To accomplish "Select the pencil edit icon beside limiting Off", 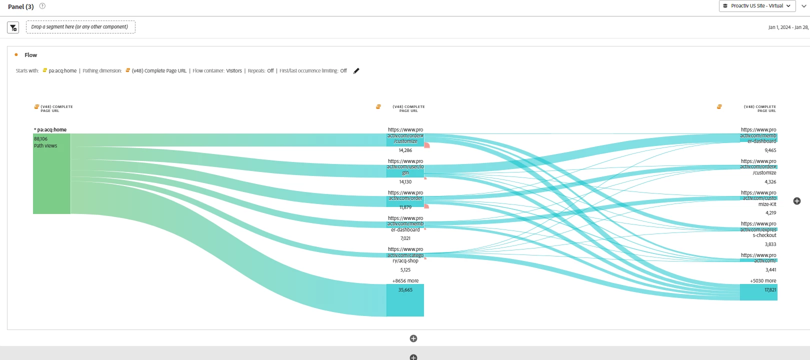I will click(x=356, y=71).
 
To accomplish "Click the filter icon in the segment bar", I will click(x=13, y=27).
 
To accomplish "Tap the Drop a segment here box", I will click(x=80, y=27).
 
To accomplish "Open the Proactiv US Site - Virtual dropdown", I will click(x=756, y=6).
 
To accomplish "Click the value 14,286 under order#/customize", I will click(x=405, y=150).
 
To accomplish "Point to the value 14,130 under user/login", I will click(x=405, y=182).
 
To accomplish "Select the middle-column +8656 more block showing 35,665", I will click(x=405, y=299).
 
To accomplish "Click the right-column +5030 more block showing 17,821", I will click(x=758, y=292).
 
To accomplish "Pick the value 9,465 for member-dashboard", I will click(x=770, y=150).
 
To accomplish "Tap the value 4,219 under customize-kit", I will click(x=770, y=213).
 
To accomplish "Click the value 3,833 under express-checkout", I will click(x=770, y=244).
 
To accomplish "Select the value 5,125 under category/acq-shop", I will click(x=405, y=270).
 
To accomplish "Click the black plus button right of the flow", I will click(x=797, y=201).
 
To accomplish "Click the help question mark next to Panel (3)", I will click(x=42, y=6).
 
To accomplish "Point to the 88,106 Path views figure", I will click(x=41, y=139).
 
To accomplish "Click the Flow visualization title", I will click(x=30, y=55).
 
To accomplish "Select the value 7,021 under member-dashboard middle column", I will click(x=405, y=238).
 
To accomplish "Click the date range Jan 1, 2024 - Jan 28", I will click(x=788, y=27).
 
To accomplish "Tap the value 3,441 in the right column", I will click(x=770, y=270).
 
